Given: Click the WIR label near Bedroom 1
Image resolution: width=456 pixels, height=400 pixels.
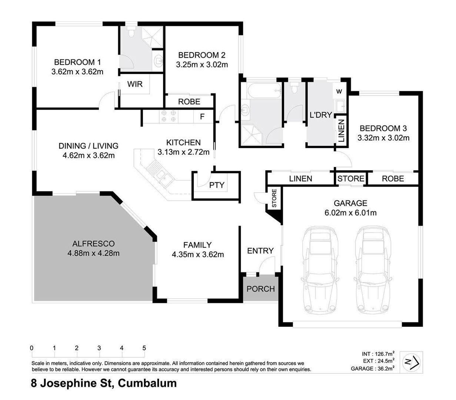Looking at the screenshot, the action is (134, 84).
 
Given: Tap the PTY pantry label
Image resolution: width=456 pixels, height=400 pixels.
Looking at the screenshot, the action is (217, 185).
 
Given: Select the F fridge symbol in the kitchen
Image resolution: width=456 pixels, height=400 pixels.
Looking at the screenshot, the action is (202, 116).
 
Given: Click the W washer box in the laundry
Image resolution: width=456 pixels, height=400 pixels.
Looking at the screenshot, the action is (339, 91).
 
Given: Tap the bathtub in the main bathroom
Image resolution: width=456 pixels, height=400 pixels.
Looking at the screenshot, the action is (264, 91).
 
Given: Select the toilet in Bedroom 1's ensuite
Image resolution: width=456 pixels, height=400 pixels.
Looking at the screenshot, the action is (131, 33).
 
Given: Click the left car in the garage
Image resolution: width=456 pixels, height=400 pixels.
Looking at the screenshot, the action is (320, 270).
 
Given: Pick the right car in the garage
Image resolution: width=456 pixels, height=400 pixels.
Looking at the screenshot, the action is (373, 270).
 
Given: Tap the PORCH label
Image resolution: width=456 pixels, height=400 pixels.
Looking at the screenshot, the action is (261, 289).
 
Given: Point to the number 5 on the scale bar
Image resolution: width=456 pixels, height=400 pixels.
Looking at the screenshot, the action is (144, 348).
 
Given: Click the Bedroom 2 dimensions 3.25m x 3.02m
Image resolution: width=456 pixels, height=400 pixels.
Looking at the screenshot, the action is (202, 65).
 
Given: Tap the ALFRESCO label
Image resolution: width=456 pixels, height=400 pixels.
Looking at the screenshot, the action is (93, 244).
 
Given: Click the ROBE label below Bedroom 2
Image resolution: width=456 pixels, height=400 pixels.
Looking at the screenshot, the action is (189, 102).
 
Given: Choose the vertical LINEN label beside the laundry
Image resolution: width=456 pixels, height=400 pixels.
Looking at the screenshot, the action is (341, 131).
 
